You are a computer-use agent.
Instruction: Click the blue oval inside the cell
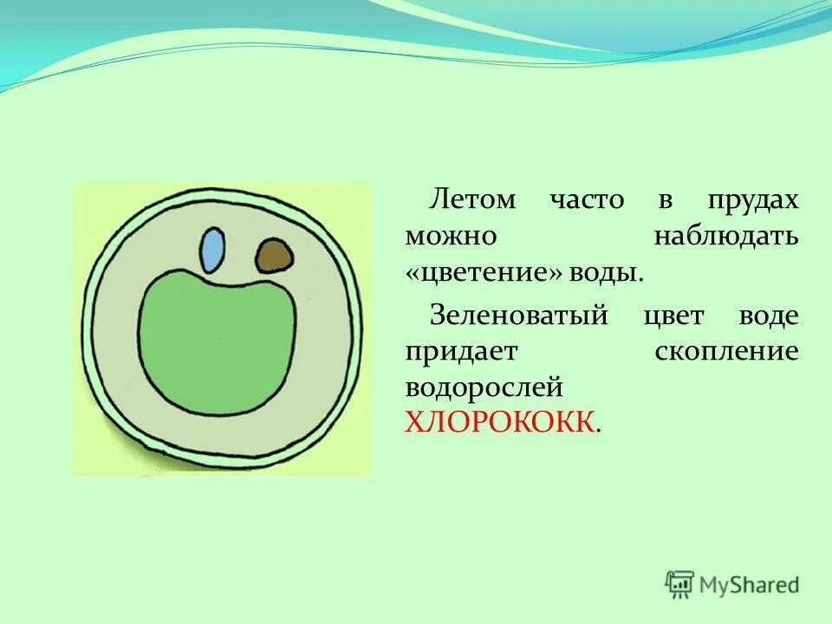click(x=211, y=250)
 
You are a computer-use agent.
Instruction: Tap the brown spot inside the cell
click(x=273, y=255)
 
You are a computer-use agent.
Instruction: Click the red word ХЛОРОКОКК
click(x=500, y=422)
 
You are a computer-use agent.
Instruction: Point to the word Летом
click(x=472, y=199)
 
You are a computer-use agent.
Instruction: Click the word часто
click(x=586, y=199)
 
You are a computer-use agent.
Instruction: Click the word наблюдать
click(x=725, y=236)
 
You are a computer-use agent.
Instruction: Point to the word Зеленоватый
click(x=517, y=315)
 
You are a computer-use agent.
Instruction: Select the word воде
click(x=768, y=315)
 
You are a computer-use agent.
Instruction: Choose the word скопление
click(x=727, y=352)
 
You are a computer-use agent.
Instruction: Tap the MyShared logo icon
click(x=680, y=583)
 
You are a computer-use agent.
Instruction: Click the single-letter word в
click(x=664, y=200)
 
